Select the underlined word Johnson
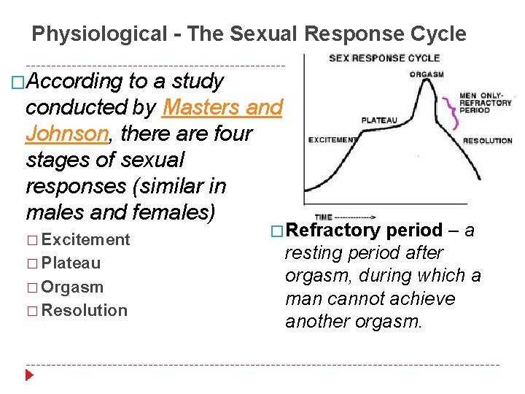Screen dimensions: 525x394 click(x=66, y=134)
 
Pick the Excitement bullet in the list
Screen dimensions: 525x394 click(x=85, y=239)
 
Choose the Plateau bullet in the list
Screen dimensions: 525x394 click(x=71, y=263)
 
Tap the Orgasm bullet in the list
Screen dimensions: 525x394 click(x=72, y=287)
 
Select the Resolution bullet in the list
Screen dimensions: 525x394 click(x=84, y=310)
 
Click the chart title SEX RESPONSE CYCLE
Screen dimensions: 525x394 click(x=384, y=58)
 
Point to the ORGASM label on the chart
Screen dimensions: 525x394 click(x=427, y=74)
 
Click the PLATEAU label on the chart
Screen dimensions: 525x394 click(x=379, y=120)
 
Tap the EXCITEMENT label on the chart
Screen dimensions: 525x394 click(x=332, y=139)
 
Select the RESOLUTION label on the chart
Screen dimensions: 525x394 click(x=488, y=141)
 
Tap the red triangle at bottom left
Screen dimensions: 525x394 click(x=29, y=376)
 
